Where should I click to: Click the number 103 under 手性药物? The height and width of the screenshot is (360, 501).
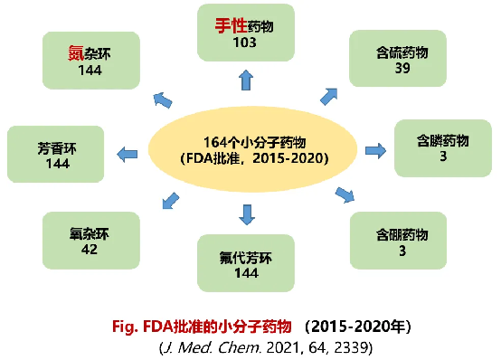tap(244, 43)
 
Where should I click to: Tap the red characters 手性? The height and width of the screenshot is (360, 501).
tap(231, 25)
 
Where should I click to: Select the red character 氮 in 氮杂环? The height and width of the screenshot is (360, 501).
tap(75, 53)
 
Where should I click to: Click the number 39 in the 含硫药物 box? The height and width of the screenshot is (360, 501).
tap(402, 68)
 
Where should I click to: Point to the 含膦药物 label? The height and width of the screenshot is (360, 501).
tap(442, 141)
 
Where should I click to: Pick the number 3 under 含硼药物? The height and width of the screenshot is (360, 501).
tap(402, 251)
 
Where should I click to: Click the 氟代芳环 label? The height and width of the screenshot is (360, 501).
tap(246, 258)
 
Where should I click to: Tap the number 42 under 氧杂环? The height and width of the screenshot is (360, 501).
tap(90, 249)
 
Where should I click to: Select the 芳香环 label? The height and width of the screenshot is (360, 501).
tap(57, 148)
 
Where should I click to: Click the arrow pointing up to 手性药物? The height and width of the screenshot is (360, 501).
tap(246, 80)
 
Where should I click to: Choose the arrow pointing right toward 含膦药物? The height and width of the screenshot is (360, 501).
tap(376, 150)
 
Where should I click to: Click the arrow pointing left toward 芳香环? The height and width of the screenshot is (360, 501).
tap(128, 155)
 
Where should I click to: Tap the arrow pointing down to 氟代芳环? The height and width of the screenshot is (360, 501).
tap(247, 214)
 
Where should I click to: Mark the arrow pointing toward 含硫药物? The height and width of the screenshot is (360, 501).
tap(329, 96)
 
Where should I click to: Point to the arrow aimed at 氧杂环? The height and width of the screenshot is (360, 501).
tap(171, 201)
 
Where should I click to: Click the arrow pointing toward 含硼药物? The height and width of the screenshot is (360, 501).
tap(345, 195)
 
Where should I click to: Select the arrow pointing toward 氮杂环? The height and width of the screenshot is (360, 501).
tap(163, 100)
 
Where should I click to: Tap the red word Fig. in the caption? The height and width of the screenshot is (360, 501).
tap(125, 327)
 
